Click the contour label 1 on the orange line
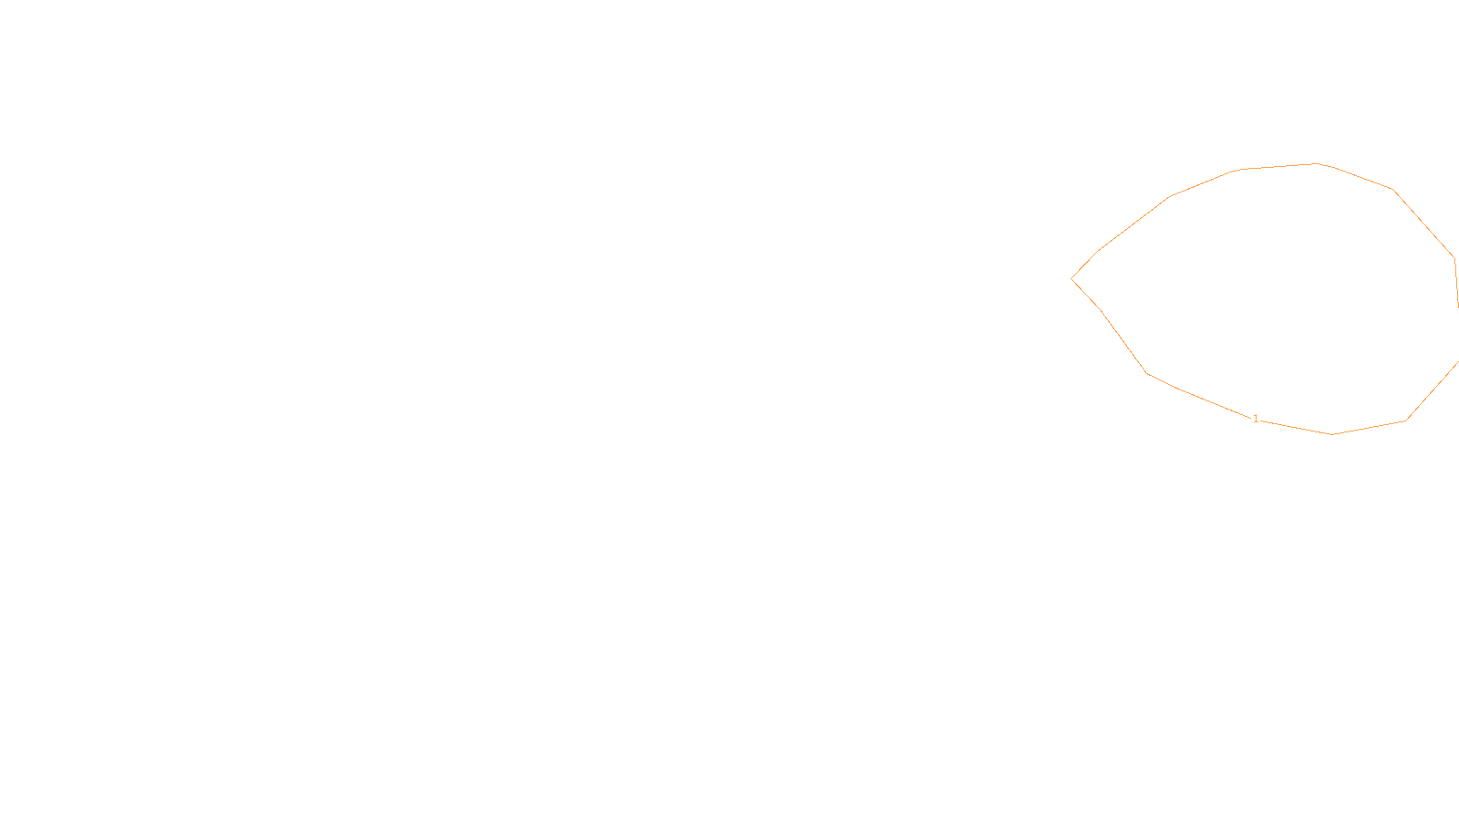tap(1256, 419)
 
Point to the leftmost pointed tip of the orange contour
tap(1071, 278)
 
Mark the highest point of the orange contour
tap(1316, 164)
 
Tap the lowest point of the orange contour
tap(1332, 434)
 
